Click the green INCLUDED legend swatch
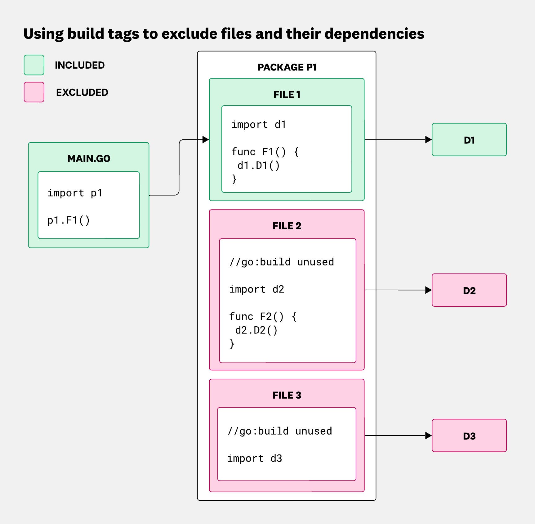[x=34, y=65]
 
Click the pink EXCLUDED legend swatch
[x=34, y=92]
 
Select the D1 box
[x=469, y=140]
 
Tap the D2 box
[x=469, y=290]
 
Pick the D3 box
[x=469, y=436]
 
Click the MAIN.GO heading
[x=89, y=159]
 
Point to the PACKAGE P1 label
[x=287, y=67]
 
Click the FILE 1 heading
[x=287, y=95]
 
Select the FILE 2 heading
[x=287, y=226]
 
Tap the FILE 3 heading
[x=287, y=395]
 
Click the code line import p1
[x=75, y=193]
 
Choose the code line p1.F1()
[x=69, y=220]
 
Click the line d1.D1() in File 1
[x=258, y=165]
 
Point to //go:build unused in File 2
[x=282, y=262]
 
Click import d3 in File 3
[x=254, y=458]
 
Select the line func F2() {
[x=263, y=317]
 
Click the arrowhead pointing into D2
[x=428, y=290]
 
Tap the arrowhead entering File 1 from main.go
[x=206, y=140]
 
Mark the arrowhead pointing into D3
[x=428, y=436]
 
